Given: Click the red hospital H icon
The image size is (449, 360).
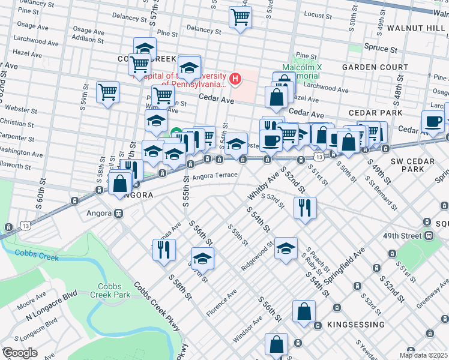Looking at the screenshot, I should [236, 78].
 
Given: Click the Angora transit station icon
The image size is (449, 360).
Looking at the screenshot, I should [119, 213].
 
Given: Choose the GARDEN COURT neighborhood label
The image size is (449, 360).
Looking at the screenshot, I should [371, 67].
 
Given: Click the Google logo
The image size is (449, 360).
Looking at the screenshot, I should [19, 353].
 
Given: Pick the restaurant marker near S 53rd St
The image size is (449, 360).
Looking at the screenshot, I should [305, 208].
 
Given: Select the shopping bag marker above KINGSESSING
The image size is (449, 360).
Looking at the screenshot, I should [304, 312].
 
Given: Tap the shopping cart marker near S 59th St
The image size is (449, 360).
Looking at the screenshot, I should [108, 92].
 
